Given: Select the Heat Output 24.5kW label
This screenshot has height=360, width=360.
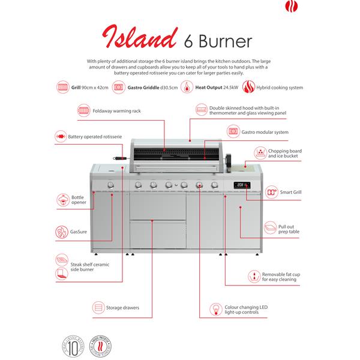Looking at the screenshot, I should pos(214,88).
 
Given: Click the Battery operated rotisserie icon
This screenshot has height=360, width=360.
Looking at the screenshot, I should pos(59,137).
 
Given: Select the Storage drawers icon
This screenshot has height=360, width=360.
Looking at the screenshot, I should pos(98,308).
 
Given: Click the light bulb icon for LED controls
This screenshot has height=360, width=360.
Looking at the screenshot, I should pos(214,310).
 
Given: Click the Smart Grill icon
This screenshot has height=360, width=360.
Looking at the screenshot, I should pos(271,193).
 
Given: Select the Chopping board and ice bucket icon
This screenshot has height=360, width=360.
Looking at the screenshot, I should pos(260,153).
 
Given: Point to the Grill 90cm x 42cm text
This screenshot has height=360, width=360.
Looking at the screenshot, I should pos(90,88).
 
